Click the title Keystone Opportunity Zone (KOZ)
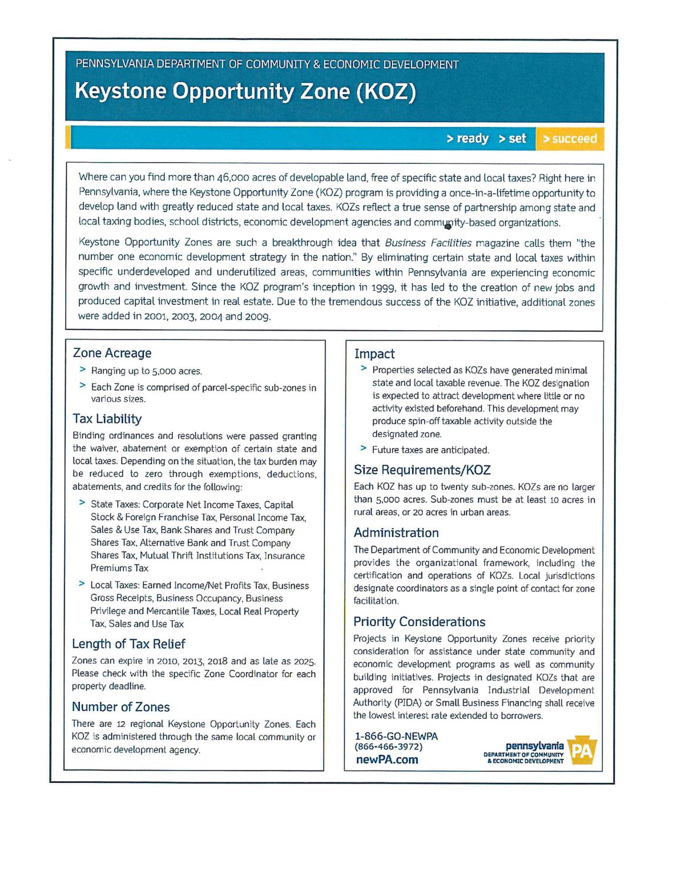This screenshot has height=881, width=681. click(x=245, y=92)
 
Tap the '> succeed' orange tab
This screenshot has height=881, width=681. click(x=569, y=139)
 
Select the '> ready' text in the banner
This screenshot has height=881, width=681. click(x=467, y=139)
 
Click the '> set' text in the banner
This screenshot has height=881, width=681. click(x=512, y=139)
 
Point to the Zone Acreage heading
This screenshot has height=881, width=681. click(x=112, y=353)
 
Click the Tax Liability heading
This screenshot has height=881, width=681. click(x=107, y=419)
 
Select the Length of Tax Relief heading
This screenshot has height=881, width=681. click(x=128, y=644)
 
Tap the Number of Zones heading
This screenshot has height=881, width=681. click(x=120, y=707)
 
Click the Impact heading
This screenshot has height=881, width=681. click(x=374, y=354)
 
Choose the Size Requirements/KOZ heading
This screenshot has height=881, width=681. click(x=422, y=470)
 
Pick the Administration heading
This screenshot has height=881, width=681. click(x=396, y=533)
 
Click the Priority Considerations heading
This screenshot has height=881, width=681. click(x=419, y=622)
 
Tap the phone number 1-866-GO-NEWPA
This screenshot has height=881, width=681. click(x=396, y=736)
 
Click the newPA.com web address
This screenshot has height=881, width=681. click(x=387, y=759)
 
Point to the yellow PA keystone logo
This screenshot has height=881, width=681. click(x=582, y=751)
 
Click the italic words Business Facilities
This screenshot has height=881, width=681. click(x=428, y=243)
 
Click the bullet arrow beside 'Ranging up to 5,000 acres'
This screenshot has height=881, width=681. click(x=82, y=369)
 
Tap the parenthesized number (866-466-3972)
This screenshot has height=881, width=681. click(x=388, y=747)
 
